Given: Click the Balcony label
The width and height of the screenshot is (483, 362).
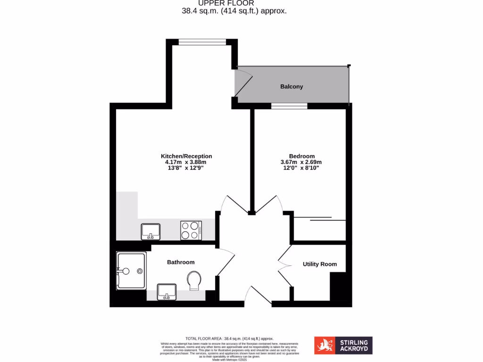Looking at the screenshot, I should pyautogui.click(x=291, y=87).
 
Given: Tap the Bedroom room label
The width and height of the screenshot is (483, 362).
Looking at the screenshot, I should pyautogui.click(x=302, y=156).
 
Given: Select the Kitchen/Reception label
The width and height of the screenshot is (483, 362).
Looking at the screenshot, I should pyautogui.click(x=186, y=156).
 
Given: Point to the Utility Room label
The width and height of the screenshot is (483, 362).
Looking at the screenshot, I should pyautogui.click(x=320, y=264).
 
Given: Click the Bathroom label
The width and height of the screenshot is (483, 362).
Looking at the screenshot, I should pyautogui.click(x=181, y=262).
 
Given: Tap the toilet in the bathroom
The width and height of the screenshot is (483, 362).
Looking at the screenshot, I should pyautogui.click(x=193, y=281).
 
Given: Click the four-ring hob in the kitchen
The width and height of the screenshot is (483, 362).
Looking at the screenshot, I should pyautogui.click(x=192, y=231).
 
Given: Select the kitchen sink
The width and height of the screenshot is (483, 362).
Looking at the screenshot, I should pyautogui.click(x=151, y=230).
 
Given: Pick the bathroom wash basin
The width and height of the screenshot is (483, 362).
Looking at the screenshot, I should pyautogui.click(x=166, y=291).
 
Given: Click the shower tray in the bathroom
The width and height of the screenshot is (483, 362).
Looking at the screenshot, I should pyautogui.click(x=131, y=271).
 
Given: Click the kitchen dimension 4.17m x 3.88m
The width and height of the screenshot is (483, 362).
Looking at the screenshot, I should pyautogui.click(x=186, y=162).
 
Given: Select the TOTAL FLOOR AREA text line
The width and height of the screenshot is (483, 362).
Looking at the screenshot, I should pyautogui.click(x=230, y=338).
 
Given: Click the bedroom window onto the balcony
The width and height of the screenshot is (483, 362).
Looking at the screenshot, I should pyautogui.click(x=289, y=106).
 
